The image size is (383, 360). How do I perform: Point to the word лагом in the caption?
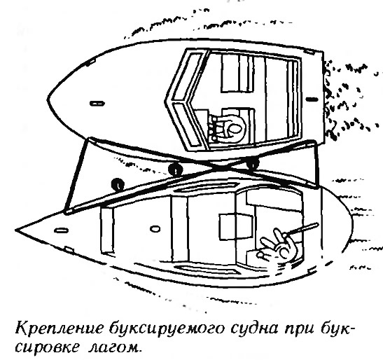[x=115, y=347]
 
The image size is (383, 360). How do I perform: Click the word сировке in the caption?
[x=48, y=347]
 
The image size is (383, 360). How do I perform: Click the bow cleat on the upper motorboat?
[x=97, y=104]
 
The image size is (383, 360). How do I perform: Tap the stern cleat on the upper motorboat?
[x=312, y=99]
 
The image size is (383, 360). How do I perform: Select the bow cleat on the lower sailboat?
[x=61, y=230]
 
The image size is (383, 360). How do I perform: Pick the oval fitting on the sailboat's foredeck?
[x=155, y=229]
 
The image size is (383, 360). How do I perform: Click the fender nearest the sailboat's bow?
[x=118, y=184]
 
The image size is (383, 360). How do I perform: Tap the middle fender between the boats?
[x=175, y=169]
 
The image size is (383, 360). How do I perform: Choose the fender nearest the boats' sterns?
[x=253, y=163]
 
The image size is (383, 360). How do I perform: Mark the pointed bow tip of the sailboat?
[x=16, y=230]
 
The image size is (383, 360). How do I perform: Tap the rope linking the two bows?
[x=76, y=175]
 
